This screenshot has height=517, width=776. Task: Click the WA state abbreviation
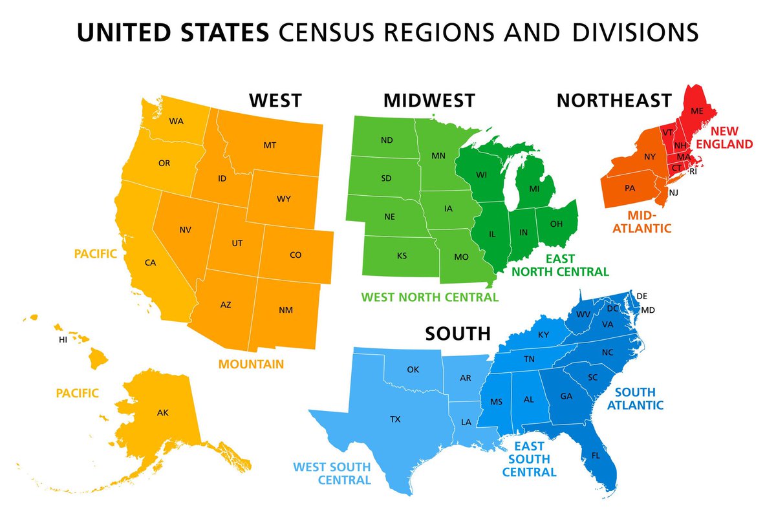pyautogui.click(x=176, y=121)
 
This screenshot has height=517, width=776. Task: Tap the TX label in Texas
pyautogui.click(x=395, y=419)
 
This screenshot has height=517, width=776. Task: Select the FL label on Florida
pyautogui.click(x=595, y=456)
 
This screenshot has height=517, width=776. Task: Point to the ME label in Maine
pyautogui.click(x=697, y=111)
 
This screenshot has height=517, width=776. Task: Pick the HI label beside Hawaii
pyautogui.click(x=63, y=339)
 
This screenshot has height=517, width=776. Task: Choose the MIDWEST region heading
pyautogui.click(x=429, y=100)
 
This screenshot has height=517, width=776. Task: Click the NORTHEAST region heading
pyautogui.click(x=614, y=100)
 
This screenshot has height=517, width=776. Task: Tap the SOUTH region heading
pyautogui.click(x=458, y=333)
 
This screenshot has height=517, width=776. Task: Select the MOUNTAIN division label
pyautogui.click(x=251, y=364)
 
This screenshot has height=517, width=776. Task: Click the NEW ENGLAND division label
pyautogui.click(x=727, y=138)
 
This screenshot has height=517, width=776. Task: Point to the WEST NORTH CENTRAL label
pyautogui.click(x=430, y=297)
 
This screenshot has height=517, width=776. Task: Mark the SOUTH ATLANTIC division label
pyautogui.click(x=639, y=399)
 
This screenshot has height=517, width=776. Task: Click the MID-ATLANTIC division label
pyautogui.click(x=649, y=221)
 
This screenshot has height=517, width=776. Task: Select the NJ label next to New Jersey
pyautogui.click(x=673, y=193)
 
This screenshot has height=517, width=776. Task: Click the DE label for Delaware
pyautogui.click(x=641, y=296)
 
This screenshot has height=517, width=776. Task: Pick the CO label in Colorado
pyautogui.click(x=296, y=255)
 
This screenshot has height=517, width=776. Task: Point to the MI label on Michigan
pyautogui.click(x=534, y=189)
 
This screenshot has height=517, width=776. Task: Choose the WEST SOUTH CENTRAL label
pyautogui.click(x=332, y=473)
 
